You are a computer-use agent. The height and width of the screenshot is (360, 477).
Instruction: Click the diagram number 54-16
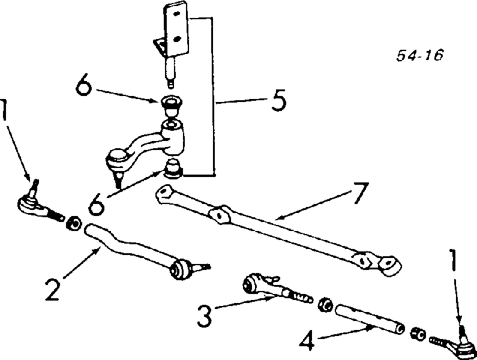tap(420, 55)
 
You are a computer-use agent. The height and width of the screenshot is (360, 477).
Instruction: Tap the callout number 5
tap(278, 100)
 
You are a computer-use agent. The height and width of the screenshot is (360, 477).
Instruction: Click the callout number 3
tap(204, 316)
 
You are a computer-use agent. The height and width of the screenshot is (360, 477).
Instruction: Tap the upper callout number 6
tap(83, 84)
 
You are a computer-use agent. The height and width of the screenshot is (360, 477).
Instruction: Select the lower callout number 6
tap(97, 205)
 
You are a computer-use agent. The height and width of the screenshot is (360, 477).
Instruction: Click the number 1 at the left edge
tap(4, 110)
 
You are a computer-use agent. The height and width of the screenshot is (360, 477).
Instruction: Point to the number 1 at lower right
tap(453, 260)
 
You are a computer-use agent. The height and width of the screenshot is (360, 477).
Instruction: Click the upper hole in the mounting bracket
tap(176, 13)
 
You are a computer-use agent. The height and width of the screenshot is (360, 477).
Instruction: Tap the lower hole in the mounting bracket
tap(177, 38)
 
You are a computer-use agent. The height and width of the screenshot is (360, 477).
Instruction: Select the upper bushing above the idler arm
tap(172, 105)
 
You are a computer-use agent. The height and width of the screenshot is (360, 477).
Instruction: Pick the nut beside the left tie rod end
tap(74, 223)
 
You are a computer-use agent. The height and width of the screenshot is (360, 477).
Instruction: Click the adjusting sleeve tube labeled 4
tap(370, 319)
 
